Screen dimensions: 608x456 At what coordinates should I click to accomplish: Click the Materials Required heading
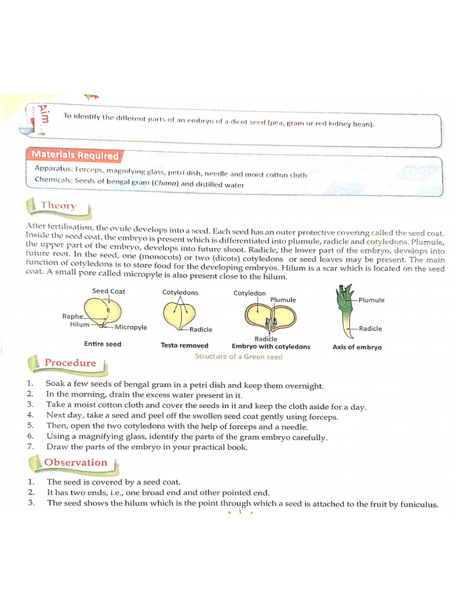(75, 156)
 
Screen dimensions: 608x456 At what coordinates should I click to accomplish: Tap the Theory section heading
(58, 206)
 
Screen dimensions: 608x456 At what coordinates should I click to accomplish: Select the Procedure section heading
(69, 363)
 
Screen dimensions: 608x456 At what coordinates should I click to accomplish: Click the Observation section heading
(75, 463)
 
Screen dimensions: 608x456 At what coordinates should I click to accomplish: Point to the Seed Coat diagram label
(109, 291)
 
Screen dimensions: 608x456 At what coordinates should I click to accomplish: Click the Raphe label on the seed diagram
(72, 316)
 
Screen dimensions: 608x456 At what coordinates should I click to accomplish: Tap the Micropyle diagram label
(131, 327)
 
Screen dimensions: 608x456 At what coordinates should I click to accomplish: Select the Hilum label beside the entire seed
(80, 324)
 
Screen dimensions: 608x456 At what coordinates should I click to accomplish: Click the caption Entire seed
(102, 344)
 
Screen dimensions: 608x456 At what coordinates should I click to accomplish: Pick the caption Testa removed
(184, 346)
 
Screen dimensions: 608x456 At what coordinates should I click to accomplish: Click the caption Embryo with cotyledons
(271, 347)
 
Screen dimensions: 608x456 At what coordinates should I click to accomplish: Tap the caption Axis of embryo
(357, 347)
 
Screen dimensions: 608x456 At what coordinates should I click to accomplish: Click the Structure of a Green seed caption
(239, 357)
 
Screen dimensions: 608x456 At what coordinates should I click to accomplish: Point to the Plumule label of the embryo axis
(371, 300)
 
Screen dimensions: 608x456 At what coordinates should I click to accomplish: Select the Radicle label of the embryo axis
(370, 328)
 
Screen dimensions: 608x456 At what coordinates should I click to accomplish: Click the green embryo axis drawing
(344, 312)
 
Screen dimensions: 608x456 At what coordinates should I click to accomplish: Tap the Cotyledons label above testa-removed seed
(180, 292)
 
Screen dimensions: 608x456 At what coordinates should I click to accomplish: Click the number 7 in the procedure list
(30, 446)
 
